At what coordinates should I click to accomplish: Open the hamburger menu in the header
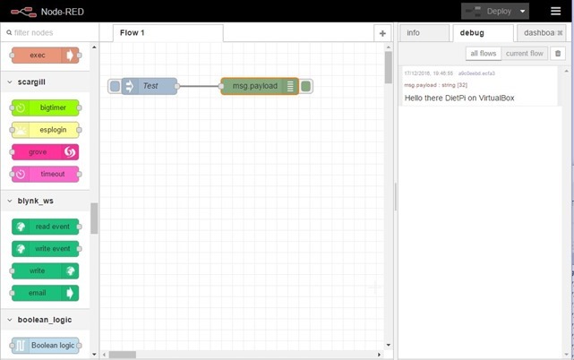(x=555, y=11)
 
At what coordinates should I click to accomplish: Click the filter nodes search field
(x=50, y=33)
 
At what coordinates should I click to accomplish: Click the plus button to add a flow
(x=382, y=33)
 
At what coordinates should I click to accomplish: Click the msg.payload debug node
(x=254, y=86)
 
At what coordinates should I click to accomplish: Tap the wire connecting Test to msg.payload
(x=199, y=86)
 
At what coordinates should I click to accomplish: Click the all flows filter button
(x=483, y=54)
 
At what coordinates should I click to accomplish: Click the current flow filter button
(x=524, y=54)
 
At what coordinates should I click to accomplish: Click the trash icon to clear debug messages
(x=557, y=54)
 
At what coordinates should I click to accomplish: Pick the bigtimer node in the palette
(x=46, y=107)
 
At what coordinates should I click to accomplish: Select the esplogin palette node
(x=46, y=130)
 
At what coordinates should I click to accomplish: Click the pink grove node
(x=46, y=152)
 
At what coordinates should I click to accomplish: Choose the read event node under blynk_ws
(x=46, y=227)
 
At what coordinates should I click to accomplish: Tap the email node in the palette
(x=46, y=293)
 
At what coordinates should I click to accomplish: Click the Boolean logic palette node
(x=46, y=346)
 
